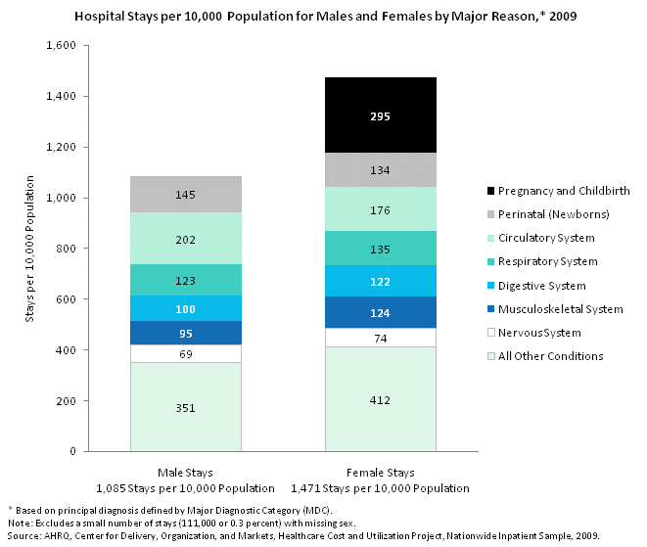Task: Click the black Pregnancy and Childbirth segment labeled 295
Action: coord(380,115)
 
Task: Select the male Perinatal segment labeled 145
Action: coord(186,194)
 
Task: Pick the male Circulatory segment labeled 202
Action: coord(186,239)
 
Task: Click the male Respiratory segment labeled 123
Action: coord(186,281)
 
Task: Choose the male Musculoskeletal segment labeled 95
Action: coord(186,333)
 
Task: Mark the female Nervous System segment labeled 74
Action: coord(380,338)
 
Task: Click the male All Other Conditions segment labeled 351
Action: coord(186,407)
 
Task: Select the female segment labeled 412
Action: coord(380,399)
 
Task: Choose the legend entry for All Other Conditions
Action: coord(549,356)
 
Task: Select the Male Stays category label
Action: coord(186,473)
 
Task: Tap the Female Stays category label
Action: coord(380,473)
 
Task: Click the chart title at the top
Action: coord(323,17)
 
